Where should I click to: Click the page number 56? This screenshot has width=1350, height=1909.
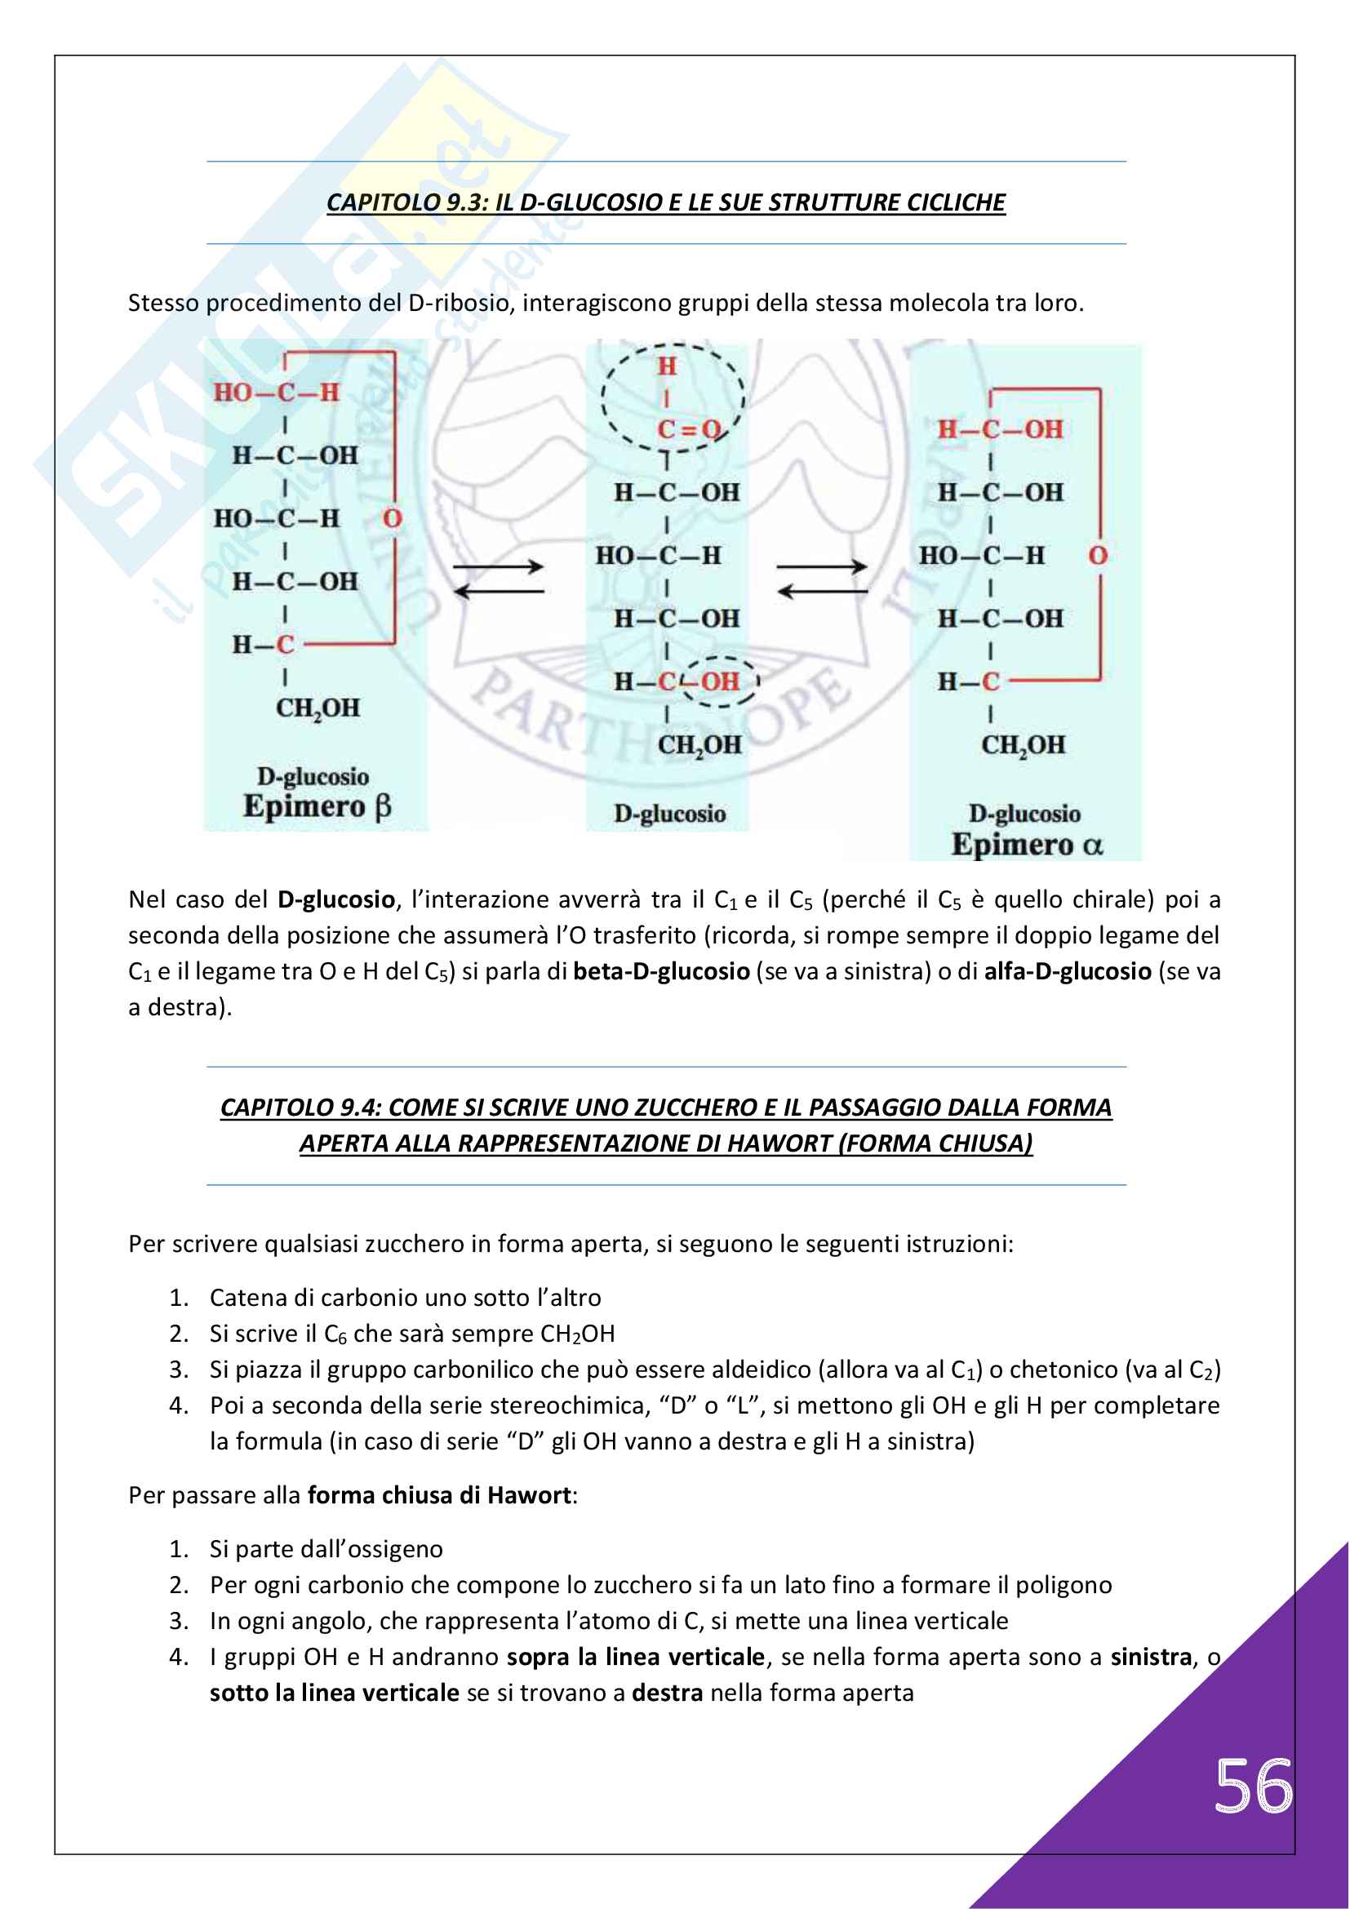1253,1786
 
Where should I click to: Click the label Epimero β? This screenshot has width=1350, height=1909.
317,806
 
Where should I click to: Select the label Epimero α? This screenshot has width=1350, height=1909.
1027,845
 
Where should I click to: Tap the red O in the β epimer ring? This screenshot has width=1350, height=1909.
393,519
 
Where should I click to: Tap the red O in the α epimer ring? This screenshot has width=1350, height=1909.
1098,556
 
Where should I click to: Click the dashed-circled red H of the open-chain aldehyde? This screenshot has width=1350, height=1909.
667,366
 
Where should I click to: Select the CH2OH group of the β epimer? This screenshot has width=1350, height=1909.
318,708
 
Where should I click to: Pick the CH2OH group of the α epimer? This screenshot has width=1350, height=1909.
1023,745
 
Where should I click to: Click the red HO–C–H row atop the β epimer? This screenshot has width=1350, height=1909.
276,393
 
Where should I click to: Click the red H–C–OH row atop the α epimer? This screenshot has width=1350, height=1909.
1000,429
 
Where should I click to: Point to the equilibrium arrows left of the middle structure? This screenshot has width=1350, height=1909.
499,579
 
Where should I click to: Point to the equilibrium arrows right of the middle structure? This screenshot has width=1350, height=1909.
822,579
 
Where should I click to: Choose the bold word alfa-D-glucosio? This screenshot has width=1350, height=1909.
1068,971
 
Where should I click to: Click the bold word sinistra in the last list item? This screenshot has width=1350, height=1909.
1151,1657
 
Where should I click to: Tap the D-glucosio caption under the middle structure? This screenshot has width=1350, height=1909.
670,814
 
